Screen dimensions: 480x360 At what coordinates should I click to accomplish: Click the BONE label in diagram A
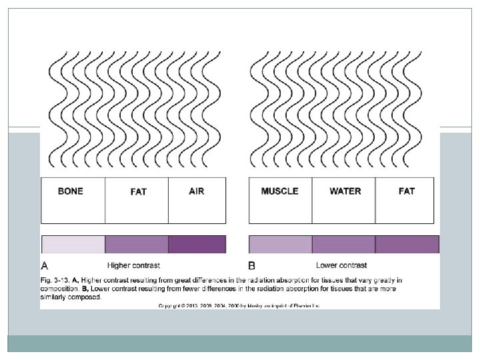click(71, 191)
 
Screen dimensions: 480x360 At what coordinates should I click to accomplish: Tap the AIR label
click(197, 191)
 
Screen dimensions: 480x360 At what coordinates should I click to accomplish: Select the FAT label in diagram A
click(138, 192)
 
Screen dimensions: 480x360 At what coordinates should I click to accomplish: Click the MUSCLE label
click(279, 191)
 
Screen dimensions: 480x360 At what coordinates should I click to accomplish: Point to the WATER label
click(345, 191)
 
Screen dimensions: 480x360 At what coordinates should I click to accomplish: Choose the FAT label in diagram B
click(407, 191)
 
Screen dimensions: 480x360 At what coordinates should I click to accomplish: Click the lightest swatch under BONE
click(73, 245)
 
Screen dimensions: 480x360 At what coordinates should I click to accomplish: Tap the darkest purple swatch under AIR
click(197, 245)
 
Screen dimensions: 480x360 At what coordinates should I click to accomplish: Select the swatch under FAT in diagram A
click(137, 245)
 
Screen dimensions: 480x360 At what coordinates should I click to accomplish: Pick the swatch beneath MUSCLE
click(280, 245)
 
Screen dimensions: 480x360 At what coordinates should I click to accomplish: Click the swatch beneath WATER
click(343, 245)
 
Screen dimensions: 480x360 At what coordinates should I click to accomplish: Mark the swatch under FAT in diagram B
click(407, 245)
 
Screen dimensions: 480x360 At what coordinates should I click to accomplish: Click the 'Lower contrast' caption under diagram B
click(341, 265)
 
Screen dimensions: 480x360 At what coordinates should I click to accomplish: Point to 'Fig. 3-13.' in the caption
click(56, 280)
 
